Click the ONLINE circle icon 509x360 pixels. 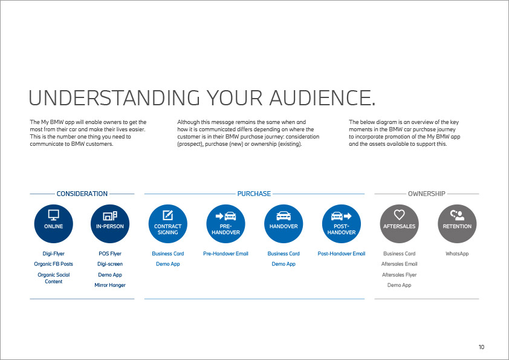coord(54,223)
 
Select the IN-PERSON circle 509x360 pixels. coord(110,223)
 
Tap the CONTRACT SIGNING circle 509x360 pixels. coord(168,223)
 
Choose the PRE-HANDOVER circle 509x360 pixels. coord(225,223)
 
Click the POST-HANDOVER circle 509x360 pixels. coord(342,223)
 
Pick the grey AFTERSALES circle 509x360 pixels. coord(399,223)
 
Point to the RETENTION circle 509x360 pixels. coord(457,223)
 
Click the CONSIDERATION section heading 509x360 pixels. coord(82,194)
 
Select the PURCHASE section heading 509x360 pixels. coord(254,194)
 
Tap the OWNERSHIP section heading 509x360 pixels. coord(427,194)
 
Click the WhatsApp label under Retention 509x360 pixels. coord(457,254)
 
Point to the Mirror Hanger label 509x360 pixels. coord(110,285)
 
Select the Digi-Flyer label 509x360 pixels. coord(54,254)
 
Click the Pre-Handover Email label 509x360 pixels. coord(225,254)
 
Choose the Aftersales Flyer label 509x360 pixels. coord(399,275)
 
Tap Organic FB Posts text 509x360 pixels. coord(54,264)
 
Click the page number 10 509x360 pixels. coord(481,347)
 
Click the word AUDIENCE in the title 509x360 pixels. coord(322,98)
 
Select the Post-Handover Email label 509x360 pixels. coord(342,254)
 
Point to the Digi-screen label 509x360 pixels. coord(110,264)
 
